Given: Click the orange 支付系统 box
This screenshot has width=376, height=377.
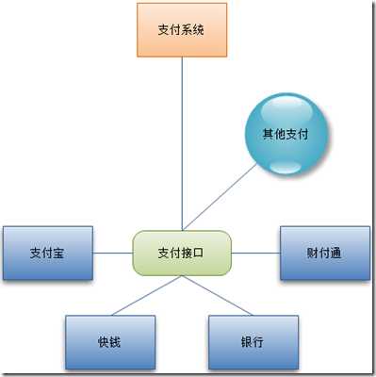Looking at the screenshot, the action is coord(182,30).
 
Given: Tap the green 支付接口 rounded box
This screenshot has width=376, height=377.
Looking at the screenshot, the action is coord(182,253).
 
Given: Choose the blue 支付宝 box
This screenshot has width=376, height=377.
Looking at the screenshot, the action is coord(47,253).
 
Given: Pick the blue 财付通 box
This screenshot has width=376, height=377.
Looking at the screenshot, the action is coord(324,253).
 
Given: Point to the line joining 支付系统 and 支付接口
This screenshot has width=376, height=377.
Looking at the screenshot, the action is coord(182,141).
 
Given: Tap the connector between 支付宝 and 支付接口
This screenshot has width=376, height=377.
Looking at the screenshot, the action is coord(113,253).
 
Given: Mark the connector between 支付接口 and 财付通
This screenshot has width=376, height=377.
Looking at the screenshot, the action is coord(254,253).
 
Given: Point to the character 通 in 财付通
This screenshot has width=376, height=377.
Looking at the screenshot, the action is coord(336,253).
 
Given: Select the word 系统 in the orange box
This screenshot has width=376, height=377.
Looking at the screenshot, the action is coord(194,30).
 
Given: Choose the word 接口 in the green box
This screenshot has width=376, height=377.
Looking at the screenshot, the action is coord(194,253).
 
